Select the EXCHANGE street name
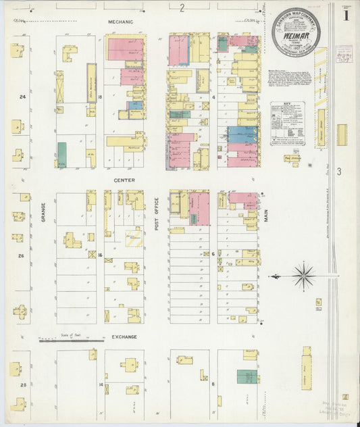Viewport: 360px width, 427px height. [x=124, y=336]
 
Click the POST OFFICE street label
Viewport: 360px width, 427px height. [x=156, y=214]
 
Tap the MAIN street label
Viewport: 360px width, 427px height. [x=267, y=216]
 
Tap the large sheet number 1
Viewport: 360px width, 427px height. [x=346, y=14]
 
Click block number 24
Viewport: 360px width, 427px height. [x=22, y=97]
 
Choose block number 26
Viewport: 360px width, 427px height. [x=22, y=256]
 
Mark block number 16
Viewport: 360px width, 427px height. [x=100, y=255]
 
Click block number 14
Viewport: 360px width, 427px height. [x=100, y=384]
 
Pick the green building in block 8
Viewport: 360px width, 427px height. [x=247, y=377]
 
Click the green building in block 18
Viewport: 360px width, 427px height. [x=62, y=155]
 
